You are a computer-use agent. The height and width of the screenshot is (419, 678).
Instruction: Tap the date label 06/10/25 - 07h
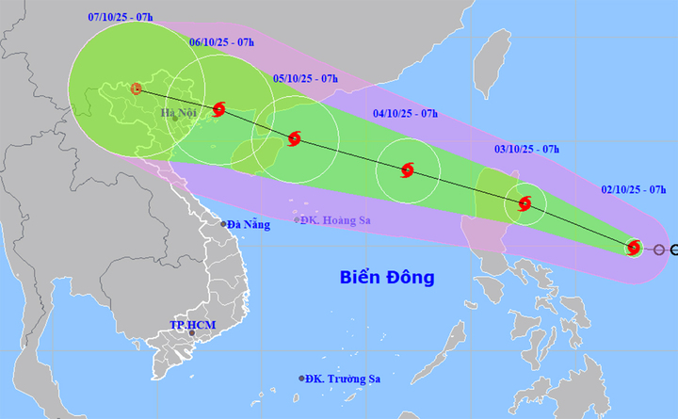(x=220, y=42)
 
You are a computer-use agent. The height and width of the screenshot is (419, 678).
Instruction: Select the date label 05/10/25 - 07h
(x=305, y=80)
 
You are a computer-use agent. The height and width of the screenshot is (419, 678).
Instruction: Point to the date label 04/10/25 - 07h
(x=406, y=114)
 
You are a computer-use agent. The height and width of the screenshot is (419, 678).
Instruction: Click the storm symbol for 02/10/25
(x=635, y=248)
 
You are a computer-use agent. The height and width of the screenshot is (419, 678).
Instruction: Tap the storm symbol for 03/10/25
(x=525, y=203)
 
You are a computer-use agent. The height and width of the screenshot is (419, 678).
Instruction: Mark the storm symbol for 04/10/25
(x=407, y=170)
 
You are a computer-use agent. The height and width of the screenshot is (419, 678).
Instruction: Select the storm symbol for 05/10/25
(x=294, y=138)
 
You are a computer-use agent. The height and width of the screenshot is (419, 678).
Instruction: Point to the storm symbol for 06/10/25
(x=219, y=109)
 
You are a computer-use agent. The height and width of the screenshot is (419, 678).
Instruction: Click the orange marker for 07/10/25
(x=137, y=89)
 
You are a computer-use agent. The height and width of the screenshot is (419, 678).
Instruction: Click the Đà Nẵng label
(x=249, y=224)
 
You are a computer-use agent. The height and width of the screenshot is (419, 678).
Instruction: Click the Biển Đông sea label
(x=387, y=278)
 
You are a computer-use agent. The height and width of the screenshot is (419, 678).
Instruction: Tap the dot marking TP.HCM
(x=192, y=333)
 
